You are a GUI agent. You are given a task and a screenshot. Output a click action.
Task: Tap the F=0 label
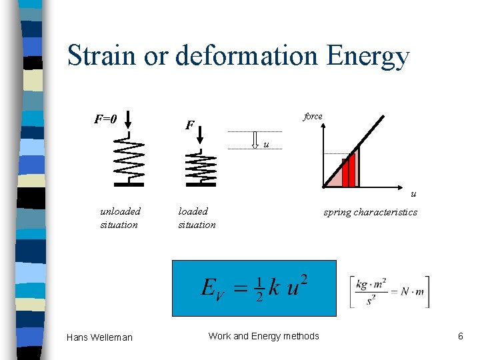coord(105,119)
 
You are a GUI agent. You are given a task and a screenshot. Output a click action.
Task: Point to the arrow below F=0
coord(129,121)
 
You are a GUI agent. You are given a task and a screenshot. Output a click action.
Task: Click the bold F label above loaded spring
coord(190,125)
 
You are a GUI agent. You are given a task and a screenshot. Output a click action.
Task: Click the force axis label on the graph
coord(313,116)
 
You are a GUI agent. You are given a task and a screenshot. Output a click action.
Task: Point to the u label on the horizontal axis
coord(413,194)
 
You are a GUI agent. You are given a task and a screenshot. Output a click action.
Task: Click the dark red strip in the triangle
coord(349,173)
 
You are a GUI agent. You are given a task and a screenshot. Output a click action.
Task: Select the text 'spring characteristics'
coord(370,212)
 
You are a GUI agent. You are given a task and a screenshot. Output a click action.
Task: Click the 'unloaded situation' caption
coord(120,218)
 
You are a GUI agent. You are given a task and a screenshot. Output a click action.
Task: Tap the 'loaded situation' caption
coord(197,218)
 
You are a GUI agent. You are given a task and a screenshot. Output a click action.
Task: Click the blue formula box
coord(254,287)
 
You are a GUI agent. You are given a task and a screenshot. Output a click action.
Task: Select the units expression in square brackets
coord(389,291)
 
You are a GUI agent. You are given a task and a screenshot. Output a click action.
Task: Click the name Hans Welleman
coord(99,337)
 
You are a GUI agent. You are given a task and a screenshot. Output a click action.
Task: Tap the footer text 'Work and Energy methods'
coord(264,336)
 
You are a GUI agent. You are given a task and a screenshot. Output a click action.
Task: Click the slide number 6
coord(460,336)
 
